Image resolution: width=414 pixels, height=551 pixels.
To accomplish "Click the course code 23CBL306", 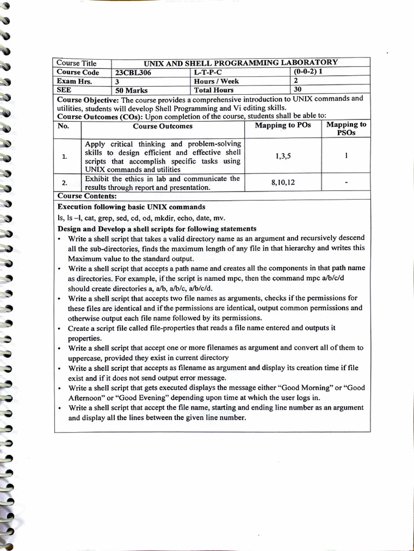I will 134,73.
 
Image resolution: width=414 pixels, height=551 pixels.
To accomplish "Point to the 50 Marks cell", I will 132,90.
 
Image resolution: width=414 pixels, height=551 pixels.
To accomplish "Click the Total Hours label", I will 214,90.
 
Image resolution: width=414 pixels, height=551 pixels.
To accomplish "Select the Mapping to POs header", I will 282,125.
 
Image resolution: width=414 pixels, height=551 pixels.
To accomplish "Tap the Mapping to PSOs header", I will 346,129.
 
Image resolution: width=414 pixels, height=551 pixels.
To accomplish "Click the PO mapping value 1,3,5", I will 282,156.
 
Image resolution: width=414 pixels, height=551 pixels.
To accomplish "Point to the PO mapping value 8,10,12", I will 283,182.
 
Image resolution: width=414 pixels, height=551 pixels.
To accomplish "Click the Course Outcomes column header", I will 162,126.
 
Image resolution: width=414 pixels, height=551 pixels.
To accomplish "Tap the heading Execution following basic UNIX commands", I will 131,207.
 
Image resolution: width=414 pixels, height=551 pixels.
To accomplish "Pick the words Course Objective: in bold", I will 87,100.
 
